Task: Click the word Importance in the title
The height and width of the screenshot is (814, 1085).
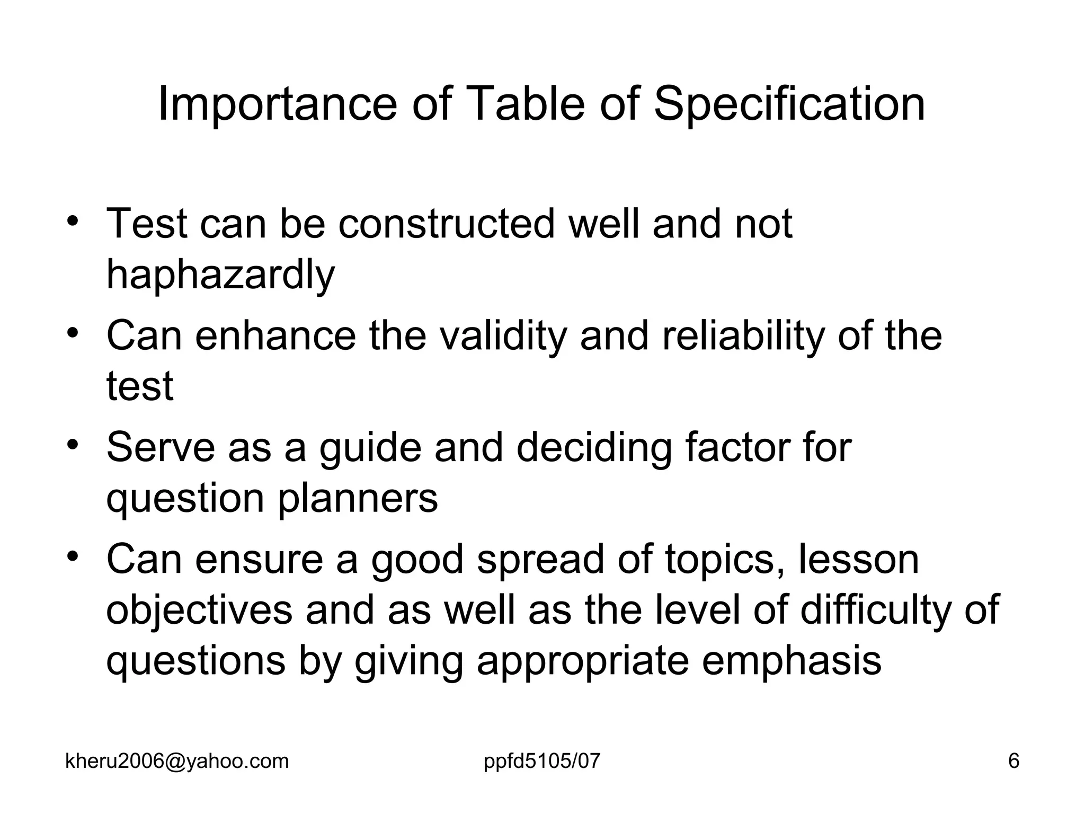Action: (278, 104)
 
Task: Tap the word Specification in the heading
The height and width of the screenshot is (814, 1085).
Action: (789, 104)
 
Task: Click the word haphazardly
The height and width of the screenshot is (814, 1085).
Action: (220, 275)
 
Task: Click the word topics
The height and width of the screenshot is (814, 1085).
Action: (725, 560)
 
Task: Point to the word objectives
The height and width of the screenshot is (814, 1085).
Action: (199, 610)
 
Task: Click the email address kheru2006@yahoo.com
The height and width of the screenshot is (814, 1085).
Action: (177, 762)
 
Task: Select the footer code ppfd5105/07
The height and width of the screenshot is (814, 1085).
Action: (542, 762)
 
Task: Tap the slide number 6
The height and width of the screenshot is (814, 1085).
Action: (1013, 762)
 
